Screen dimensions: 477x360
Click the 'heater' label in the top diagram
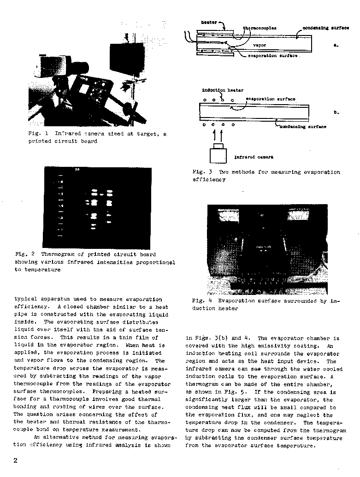pyautogui.click(x=209, y=22)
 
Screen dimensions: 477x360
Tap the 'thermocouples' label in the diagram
pyautogui.click(x=260, y=28)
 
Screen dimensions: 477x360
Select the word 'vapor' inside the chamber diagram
pyautogui.click(x=260, y=45)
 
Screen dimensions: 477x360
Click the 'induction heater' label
pyautogui.click(x=223, y=90)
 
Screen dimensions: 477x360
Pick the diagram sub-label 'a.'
pyautogui.click(x=336, y=45)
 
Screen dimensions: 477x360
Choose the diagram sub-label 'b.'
pyautogui.click(x=336, y=112)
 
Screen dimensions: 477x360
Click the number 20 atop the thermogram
pyautogui.click(x=77, y=170)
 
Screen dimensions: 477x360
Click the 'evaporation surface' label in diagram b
pyautogui.click(x=271, y=99)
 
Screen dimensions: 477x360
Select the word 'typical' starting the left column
pyautogui.click(x=26, y=299)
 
